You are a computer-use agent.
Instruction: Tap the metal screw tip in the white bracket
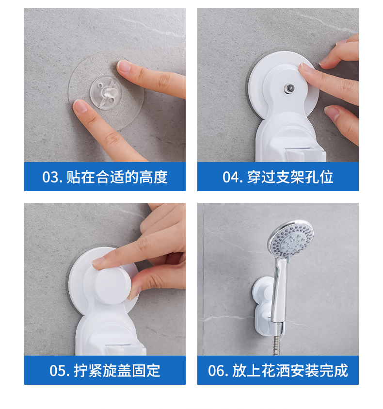click(289, 88)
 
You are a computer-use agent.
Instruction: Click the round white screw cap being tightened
click(112, 286)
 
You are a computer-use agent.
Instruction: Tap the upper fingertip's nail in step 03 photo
click(124, 66)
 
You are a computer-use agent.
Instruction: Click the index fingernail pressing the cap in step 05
click(98, 261)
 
